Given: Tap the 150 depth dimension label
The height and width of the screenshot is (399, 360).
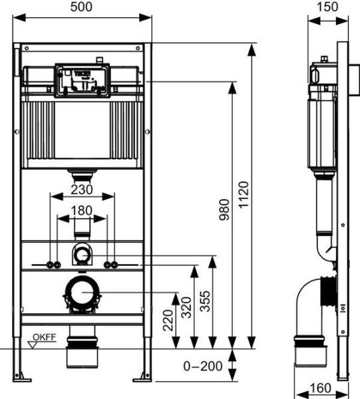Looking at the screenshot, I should pos(324,7).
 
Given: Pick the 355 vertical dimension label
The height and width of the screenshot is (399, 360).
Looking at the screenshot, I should pos(205,303).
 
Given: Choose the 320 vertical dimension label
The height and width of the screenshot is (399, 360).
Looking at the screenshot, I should pos(186,307).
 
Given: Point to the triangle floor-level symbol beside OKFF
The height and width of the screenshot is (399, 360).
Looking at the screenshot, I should pos(31,344).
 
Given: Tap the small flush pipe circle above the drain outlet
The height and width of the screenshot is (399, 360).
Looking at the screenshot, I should pos(83,253).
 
